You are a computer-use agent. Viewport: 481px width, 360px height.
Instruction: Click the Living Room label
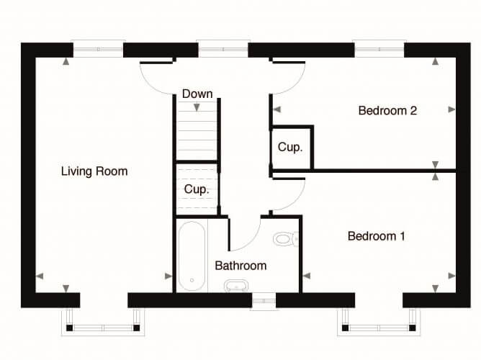pos(94,171)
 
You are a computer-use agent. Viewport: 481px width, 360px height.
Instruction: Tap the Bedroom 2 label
pos(387,110)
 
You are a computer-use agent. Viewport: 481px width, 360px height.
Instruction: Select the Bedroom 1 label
pos(376,236)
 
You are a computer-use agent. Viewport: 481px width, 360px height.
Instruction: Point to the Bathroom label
pos(240,266)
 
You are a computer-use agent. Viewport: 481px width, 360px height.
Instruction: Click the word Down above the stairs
pos(197,94)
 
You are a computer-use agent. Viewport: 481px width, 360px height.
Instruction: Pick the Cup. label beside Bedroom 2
pos(290,147)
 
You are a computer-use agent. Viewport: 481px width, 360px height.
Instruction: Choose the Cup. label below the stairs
pos(197,189)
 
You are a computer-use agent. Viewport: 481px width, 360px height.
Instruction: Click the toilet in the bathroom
pos(286,239)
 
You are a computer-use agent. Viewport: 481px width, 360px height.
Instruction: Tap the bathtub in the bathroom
pos(192,256)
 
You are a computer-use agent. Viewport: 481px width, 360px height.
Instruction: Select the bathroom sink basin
pos(236,286)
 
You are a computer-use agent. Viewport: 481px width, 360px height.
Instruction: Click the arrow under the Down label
pos(197,107)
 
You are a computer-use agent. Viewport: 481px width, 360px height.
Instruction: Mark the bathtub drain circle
pos(192,280)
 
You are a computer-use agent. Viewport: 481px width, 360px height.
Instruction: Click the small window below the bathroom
pos(264,301)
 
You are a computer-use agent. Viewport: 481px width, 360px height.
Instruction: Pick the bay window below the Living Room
pos(103,322)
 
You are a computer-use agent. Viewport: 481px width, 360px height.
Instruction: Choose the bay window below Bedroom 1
pos(379,322)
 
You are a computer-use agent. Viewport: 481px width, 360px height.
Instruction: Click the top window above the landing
pos(223,49)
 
